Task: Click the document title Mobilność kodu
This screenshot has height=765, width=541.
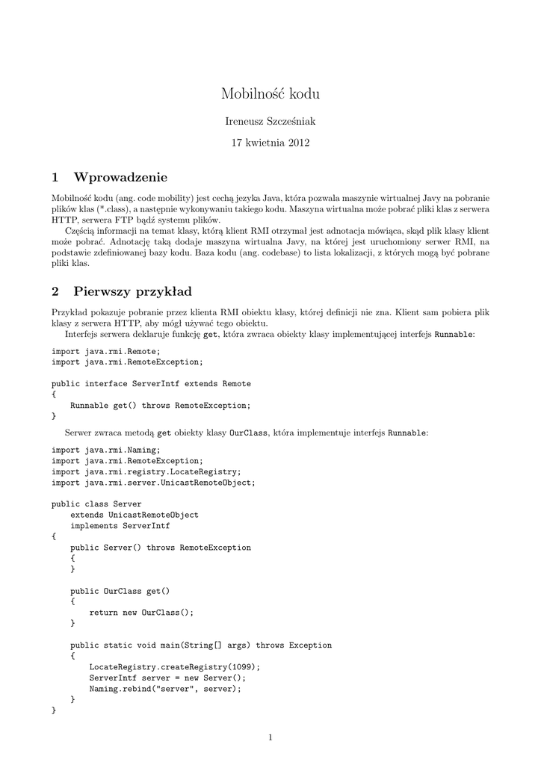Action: (270, 93)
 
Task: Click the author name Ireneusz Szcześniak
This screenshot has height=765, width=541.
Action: (270, 120)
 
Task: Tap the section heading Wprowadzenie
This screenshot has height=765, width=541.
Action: (120, 177)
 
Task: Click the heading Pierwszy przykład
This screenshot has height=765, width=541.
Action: (132, 291)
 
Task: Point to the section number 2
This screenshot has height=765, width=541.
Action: (55, 291)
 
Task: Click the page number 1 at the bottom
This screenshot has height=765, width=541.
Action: (270, 738)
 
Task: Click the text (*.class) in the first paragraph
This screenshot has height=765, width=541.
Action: (111, 209)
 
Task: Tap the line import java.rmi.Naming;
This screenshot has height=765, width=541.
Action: (106, 450)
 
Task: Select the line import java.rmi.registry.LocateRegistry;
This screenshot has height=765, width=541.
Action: (146, 471)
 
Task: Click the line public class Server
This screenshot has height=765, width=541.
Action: (96, 504)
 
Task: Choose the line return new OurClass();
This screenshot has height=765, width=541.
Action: (141, 612)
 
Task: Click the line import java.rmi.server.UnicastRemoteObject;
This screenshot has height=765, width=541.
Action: (153, 482)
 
